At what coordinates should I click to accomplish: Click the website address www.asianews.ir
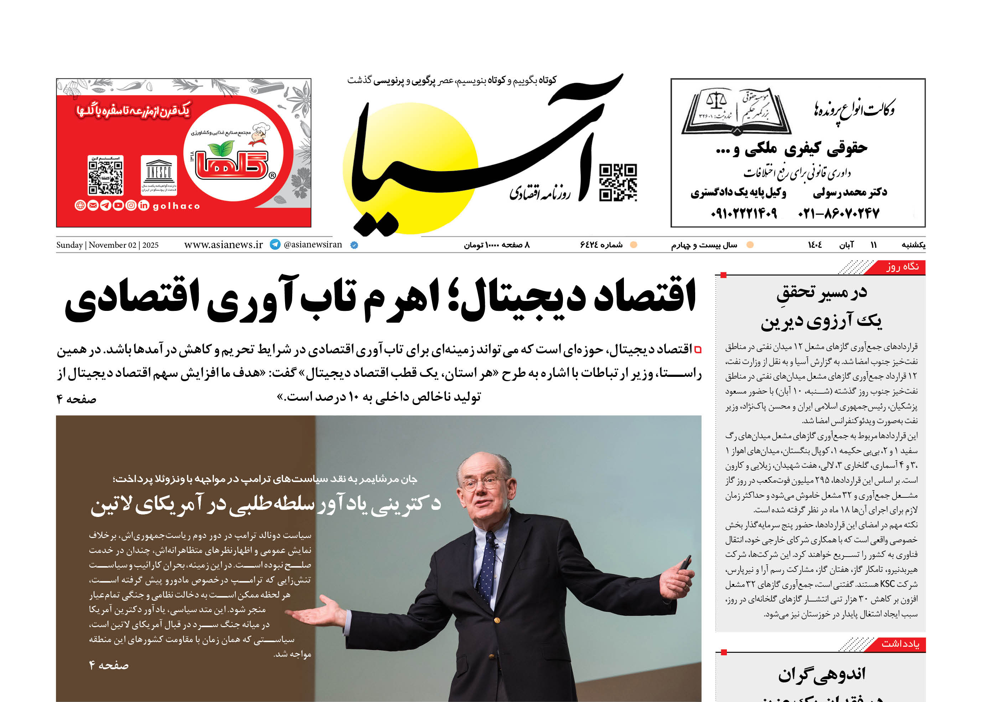click(x=223, y=245)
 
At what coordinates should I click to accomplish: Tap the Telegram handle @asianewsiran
click(x=313, y=245)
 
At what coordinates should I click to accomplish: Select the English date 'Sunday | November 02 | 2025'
click(x=107, y=245)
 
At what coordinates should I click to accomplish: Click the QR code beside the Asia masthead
click(x=618, y=183)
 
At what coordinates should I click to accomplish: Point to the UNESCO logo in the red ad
click(x=159, y=175)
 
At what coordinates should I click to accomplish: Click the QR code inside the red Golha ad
click(x=105, y=175)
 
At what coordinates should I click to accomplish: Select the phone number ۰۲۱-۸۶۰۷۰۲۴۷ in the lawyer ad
click(x=838, y=213)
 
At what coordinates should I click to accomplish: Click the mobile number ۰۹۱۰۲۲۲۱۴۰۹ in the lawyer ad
click(x=744, y=213)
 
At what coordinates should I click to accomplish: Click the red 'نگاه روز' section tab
click(x=902, y=267)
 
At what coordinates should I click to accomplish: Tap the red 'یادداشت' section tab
click(x=900, y=644)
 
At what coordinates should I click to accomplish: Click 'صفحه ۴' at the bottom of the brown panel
click(x=109, y=665)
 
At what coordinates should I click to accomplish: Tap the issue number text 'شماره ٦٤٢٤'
click(x=601, y=245)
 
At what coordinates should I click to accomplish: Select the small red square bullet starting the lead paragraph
click(x=697, y=350)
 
